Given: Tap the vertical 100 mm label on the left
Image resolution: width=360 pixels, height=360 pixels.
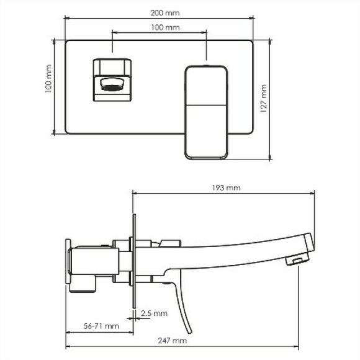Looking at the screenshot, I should [49, 86].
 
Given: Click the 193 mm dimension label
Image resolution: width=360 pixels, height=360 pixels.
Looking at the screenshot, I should [225, 187].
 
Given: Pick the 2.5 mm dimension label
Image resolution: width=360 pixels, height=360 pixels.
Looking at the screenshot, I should [153, 313].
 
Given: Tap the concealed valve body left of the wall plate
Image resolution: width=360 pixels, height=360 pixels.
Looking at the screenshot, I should [93, 264].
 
